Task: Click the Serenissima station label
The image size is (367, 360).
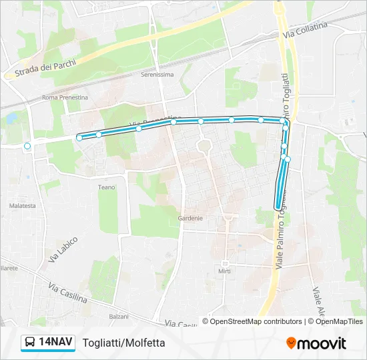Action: pyautogui.click(x=157, y=75)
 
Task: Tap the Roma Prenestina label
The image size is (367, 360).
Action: pyautogui.click(x=65, y=97)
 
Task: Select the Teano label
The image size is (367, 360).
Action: pyautogui.click(x=107, y=187)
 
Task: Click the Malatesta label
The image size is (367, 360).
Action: pyautogui.click(x=23, y=206)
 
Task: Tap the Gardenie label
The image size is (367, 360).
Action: pyautogui.click(x=190, y=218)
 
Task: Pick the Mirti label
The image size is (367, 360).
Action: pyautogui.click(x=224, y=271)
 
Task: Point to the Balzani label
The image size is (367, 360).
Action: pyautogui.click(x=119, y=316)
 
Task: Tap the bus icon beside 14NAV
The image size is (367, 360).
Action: pyautogui.click(x=29, y=343)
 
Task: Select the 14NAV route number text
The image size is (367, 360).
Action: pyautogui.click(x=55, y=343)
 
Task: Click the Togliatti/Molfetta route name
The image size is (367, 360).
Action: pyautogui.click(x=123, y=343)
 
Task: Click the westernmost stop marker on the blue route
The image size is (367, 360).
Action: pyautogui.click(x=79, y=138)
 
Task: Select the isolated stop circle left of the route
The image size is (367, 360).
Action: pyautogui.click(x=27, y=146)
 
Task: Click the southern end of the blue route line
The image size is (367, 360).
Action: pyautogui.click(x=278, y=207)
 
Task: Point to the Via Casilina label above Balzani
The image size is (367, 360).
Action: pyautogui.click(x=68, y=293)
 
